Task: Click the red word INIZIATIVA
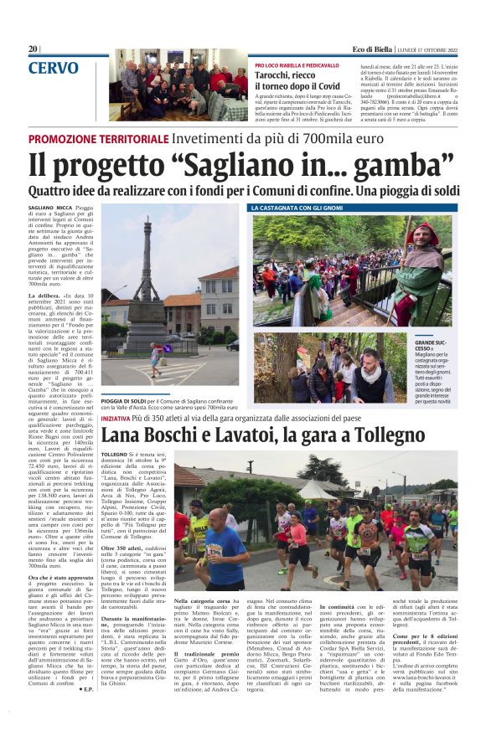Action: pos(117,417)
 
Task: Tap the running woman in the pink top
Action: pos(298,536)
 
